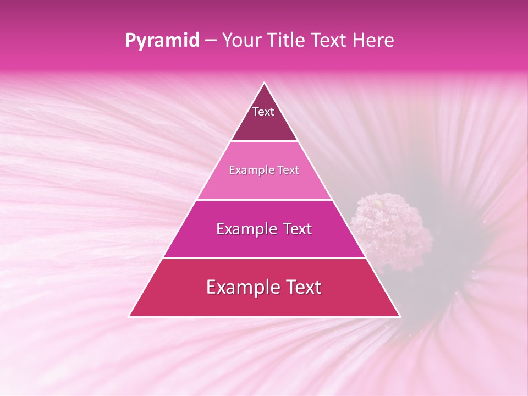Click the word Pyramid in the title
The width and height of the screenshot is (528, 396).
[162, 41]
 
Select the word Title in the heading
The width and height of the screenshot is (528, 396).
[288, 41]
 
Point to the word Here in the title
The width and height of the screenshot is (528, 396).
[373, 41]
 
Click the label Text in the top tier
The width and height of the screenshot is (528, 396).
[263, 112]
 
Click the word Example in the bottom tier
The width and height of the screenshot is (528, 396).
[241, 288]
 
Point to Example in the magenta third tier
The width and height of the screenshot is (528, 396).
[244, 229]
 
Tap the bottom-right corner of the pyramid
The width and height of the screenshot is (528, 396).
[399, 316]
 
